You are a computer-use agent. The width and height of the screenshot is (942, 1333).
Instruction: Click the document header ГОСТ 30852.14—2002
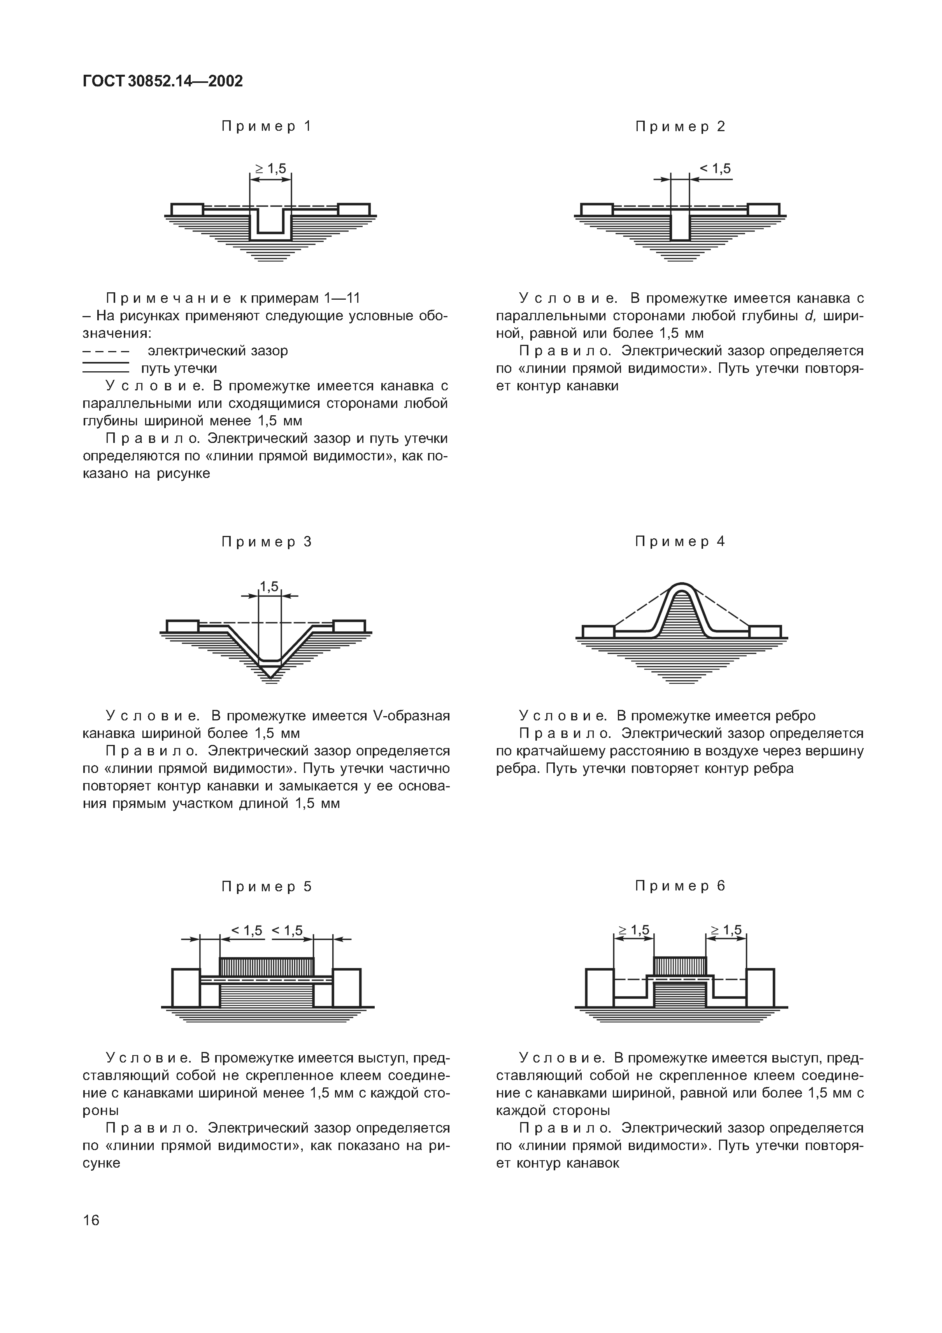[x=163, y=81]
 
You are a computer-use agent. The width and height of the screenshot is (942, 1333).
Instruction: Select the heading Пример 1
[x=267, y=126]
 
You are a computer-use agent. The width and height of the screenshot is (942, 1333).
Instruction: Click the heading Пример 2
[x=680, y=126]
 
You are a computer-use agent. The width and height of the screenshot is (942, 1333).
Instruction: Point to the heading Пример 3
[x=267, y=542]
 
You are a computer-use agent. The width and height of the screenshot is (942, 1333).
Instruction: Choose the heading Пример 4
[x=680, y=542]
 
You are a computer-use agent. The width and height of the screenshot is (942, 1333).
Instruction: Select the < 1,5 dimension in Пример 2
[x=715, y=169]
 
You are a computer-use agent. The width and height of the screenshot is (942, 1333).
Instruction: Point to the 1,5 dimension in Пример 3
[x=269, y=587]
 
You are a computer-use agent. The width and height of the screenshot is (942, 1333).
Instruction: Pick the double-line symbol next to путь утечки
[x=105, y=368]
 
